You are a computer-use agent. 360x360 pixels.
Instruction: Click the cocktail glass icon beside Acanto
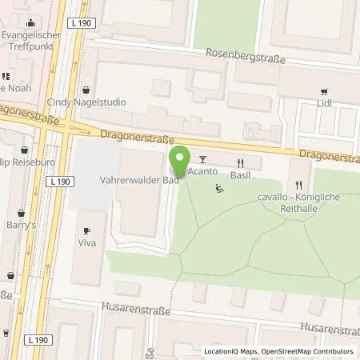202,160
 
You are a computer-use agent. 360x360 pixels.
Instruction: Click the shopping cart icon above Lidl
324,92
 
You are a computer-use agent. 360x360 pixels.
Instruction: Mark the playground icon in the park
219,190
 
